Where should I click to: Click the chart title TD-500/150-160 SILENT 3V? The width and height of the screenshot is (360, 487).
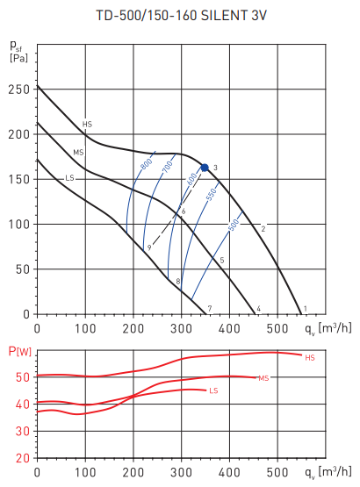pos(181,15)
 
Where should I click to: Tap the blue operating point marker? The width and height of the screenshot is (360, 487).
pos(205,167)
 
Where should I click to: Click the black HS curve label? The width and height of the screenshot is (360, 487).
pos(87,125)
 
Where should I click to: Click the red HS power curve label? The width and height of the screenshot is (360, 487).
pos(309,358)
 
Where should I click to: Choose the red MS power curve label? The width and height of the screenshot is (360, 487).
pos(263,378)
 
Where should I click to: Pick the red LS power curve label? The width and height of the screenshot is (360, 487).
pos(213,390)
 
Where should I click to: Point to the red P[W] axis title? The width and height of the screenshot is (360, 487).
pos(19,352)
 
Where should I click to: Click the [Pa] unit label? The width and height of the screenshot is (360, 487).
pos(18,59)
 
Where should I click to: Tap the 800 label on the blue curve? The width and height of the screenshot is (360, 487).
pos(146,165)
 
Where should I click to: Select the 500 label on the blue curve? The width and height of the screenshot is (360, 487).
pos(234,226)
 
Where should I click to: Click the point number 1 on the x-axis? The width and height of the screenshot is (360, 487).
pos(304,308)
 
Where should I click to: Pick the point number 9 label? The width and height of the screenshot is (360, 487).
pos(149,248)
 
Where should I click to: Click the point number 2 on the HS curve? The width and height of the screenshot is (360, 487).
pos(263,229)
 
